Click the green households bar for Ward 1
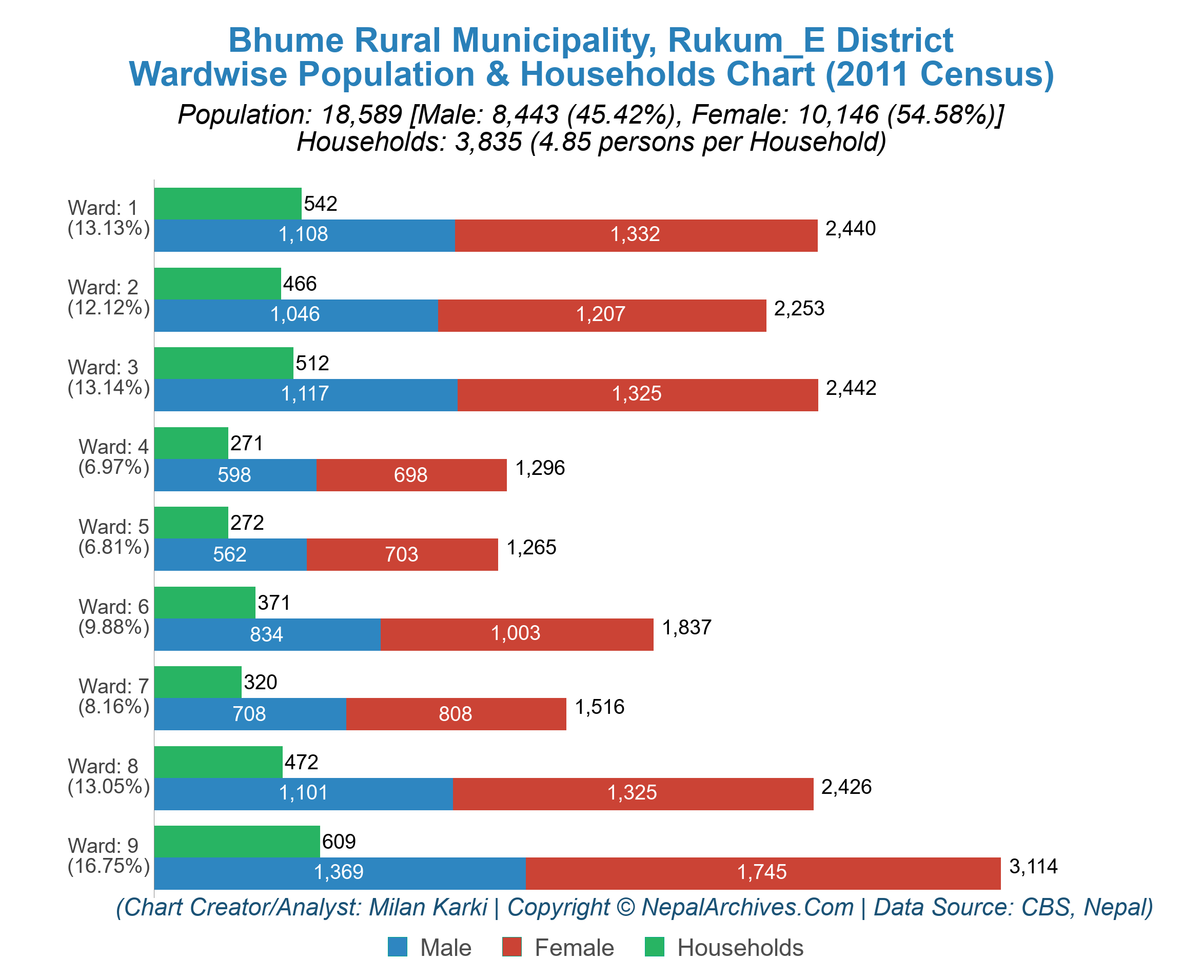[228, 203]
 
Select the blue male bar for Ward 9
[339, 873]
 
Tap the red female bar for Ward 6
[517, 634]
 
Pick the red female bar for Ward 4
[411, 474]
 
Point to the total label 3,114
[1033, 866]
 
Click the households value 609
[339, 842]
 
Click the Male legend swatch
[397, 946]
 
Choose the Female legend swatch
[511, 946]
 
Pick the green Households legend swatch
[654, 946]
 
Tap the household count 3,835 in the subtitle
[488, 142]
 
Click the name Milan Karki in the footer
[428, 907]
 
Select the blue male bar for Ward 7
[250, 714]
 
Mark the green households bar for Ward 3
[223, 363]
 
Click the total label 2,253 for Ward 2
[798, 308]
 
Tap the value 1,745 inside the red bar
[761, 873]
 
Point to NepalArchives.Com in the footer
[747, 907]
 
